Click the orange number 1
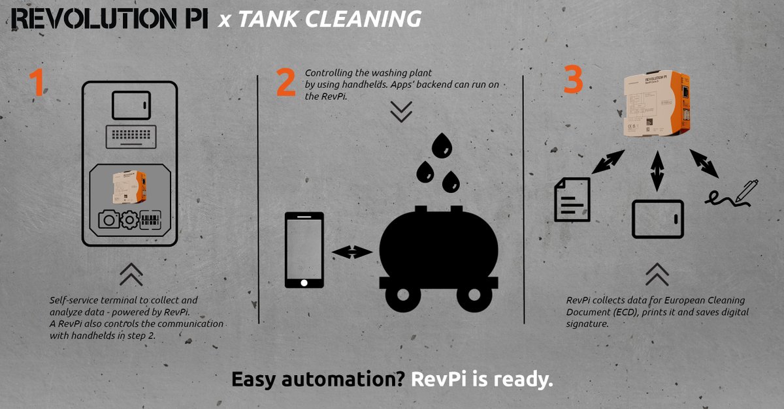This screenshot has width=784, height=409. point(37,83)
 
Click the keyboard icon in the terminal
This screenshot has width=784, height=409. point(130,137)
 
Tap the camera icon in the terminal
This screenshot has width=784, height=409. point(108,220)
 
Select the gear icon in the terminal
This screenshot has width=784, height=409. point(129,220)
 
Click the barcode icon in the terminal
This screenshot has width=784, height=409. point(150,220)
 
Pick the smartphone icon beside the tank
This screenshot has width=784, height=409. point(304,250)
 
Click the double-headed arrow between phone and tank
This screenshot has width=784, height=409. point(351,251)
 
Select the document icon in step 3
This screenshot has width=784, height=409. point(572,199)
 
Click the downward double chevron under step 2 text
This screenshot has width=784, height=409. point(400,112)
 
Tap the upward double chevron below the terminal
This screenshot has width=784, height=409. point(131,275)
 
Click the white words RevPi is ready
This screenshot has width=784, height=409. point(482,380)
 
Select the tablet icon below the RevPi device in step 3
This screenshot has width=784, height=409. point(657,219)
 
